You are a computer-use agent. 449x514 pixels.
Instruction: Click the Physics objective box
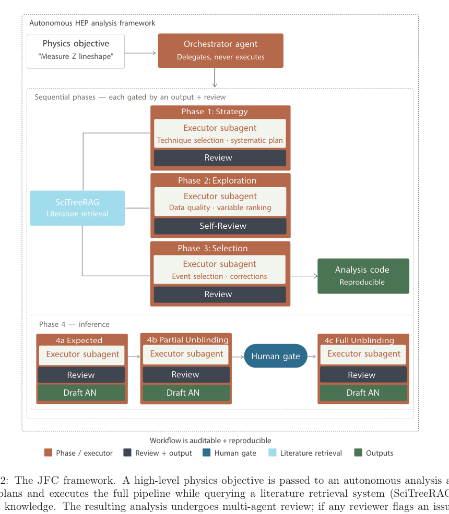point(76,51)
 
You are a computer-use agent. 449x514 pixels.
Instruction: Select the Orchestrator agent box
point(220,51)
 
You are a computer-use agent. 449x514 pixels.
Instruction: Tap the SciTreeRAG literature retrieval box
point(77,208)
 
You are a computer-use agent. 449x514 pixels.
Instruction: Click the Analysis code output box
point(363,276)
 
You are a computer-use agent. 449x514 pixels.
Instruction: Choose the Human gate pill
point(276,356)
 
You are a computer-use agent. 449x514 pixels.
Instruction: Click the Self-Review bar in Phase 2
point(220,226)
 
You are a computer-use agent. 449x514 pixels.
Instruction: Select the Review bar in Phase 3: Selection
point(220,295)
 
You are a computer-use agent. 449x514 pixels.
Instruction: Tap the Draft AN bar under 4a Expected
point(81,393)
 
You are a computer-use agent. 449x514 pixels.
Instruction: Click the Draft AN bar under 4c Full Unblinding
point(363,393)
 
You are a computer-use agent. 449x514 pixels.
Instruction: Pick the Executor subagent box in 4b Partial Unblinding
point(186,354)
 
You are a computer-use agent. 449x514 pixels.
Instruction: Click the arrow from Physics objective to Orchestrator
point(141,53)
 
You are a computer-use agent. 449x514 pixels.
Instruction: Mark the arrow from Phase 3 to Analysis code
point(303,276)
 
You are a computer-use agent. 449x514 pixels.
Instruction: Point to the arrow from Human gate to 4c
point(312,357)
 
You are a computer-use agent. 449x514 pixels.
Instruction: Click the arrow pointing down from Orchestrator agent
point(215,78)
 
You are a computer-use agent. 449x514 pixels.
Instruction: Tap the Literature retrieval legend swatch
point(272,453)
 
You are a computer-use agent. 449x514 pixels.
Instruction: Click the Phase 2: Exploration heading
point(217,180)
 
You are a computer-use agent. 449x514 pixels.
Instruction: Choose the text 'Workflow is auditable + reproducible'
point(210,440)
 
